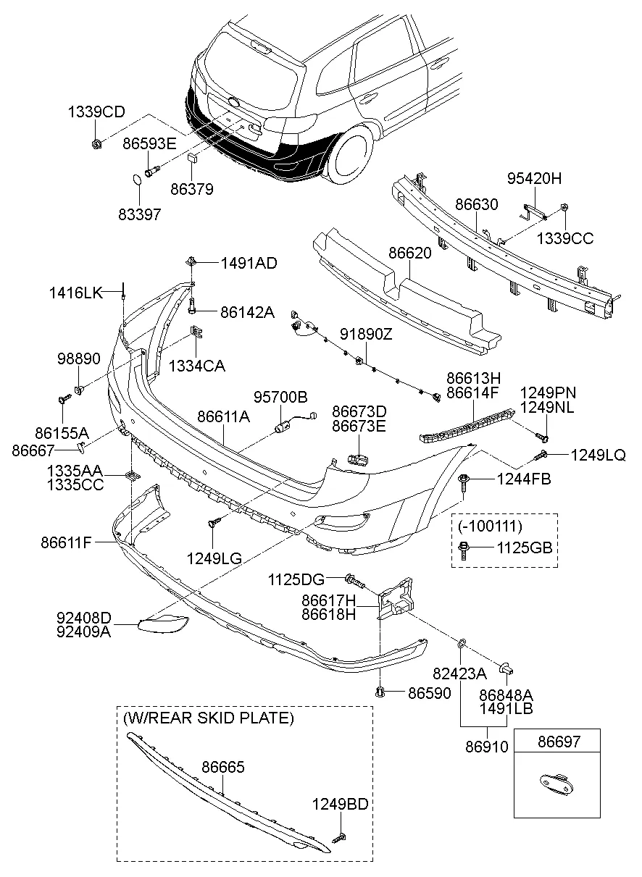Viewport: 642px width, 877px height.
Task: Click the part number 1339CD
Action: click(x=96, y=112)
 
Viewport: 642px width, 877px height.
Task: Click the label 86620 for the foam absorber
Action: click(x=410, y=254)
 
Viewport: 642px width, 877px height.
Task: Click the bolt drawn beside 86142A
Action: click(x=193, y=308)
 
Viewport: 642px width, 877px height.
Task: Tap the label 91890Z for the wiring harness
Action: click(x=366, y=335)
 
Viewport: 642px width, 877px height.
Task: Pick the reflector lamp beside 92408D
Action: click(x=163, y=624)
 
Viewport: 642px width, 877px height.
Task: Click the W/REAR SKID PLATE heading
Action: click(x=209, y=718)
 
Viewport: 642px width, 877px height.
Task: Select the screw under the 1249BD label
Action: click(x=339, y=837)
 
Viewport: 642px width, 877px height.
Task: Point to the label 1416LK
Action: click(x=76, y=293)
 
